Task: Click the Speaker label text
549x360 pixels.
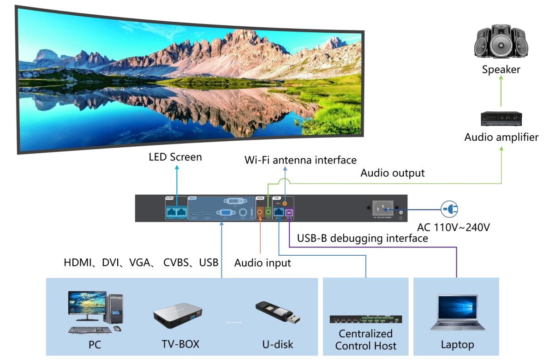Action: pyautogui.click(x=501, y=70)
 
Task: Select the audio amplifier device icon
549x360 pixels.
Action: pyautogui.click(x=501, y=119)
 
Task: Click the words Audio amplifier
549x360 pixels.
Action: pyautogui.click(x=501, y=137)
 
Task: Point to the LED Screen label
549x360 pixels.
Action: pyautogui.click(x=175, y=157)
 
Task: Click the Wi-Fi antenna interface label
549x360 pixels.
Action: pyautogui.click(x=300, y=160)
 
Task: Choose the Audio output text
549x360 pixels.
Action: pyautogui.click(x=392, y=173)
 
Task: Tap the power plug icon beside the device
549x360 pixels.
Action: pyautogui.click(x=449, y=210)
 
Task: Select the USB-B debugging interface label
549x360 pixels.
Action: pyautogui.click(x=362, y=238)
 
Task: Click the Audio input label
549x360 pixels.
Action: pyautogui.click(x=263, y=263)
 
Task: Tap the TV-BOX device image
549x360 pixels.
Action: pyautogui.click(x=178, y=316)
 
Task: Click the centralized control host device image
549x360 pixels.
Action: pyautogui.click(x=365, y=319)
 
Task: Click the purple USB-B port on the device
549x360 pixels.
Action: pyautogui.click(x=290, y=212)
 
